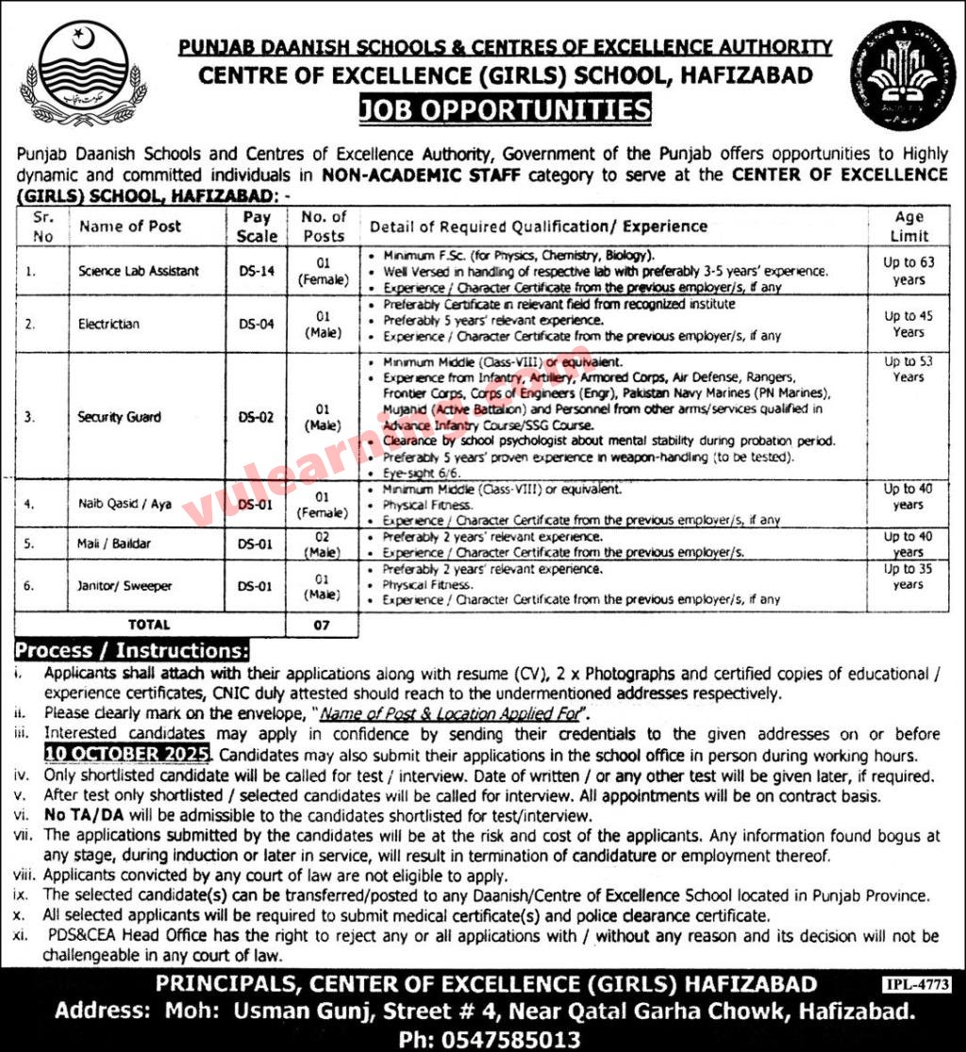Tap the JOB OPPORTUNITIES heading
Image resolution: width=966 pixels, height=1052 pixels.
pos(504,110)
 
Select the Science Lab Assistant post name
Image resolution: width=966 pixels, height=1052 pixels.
pos(139,271)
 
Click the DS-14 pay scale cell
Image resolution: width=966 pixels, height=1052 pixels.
pos(257,271)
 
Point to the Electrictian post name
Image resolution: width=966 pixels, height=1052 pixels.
pos(109,324)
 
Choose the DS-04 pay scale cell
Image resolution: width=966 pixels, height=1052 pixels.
pos(257,324)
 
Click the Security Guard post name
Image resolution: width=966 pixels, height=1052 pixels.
pos(120,417)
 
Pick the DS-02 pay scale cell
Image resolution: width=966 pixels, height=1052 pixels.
pos(257,417)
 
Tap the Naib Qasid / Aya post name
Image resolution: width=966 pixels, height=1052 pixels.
pos(125,505)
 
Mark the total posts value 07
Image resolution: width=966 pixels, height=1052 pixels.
pos(323,625)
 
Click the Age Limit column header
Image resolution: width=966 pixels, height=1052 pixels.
pos(908,226)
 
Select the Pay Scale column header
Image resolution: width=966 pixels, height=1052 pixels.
pos(257,226)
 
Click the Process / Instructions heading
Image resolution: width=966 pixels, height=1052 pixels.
pos(132,651)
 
